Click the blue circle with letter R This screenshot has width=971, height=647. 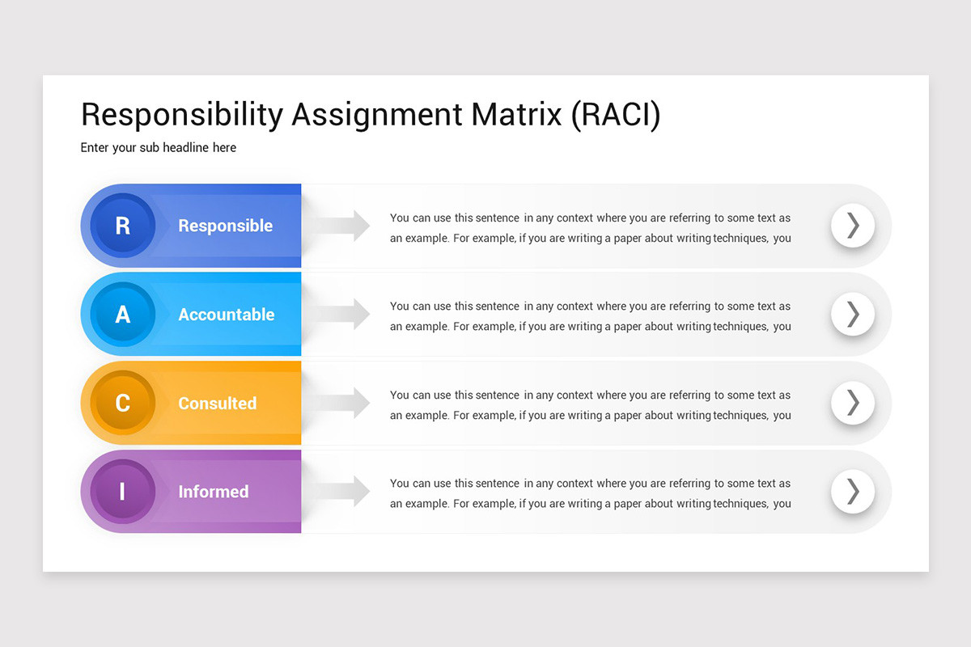(123, 226)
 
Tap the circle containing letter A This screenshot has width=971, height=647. (123, 314)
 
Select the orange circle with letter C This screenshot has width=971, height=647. (123, 403)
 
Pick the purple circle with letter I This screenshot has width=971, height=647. (123, 491)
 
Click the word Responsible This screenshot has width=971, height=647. (225, 226)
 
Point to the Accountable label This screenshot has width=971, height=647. (226, 315)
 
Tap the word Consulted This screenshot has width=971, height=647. (217, 403)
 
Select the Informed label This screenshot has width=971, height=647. (213, 492)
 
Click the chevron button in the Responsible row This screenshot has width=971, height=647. (853, 226)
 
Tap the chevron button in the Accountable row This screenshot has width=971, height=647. (853, 314)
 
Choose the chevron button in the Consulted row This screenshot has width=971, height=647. (853, 403)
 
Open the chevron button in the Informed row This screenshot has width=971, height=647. (853, 491)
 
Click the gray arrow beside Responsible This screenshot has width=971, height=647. (344, 226)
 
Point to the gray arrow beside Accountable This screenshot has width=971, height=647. (344, 314)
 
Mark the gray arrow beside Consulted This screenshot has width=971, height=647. (344, 403)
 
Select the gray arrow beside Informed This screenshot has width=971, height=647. (344, 491)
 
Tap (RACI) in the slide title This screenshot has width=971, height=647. (616, 115)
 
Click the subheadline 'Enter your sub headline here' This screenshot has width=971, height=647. (159, 148)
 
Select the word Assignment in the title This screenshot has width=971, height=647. (377, 115)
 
